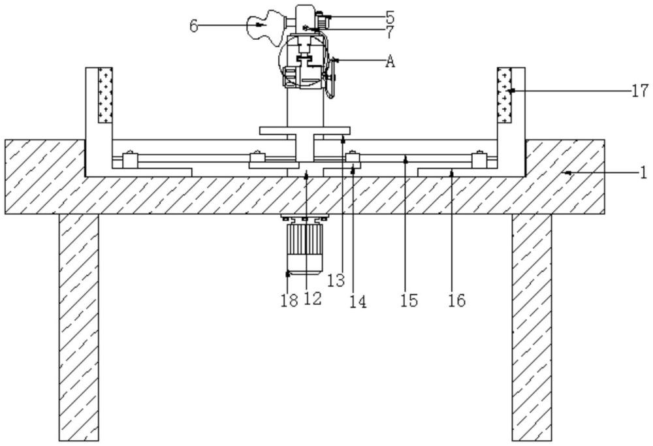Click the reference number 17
[640, 90]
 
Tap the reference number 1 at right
[644, 172]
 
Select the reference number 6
[193, 25]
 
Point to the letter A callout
[390, 61]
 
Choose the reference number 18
[289, 300]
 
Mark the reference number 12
[313, 299]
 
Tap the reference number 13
[336, 281]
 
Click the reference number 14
[358, 301]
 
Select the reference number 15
[409, 300]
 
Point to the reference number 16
[456, 300]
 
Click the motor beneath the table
[305, 247]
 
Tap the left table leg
[79, 327]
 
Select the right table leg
[532, 327]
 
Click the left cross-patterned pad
[104, 95]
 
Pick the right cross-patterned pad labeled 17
[504, 95]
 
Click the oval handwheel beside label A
[331, 78]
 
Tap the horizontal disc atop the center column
[305, 130]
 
